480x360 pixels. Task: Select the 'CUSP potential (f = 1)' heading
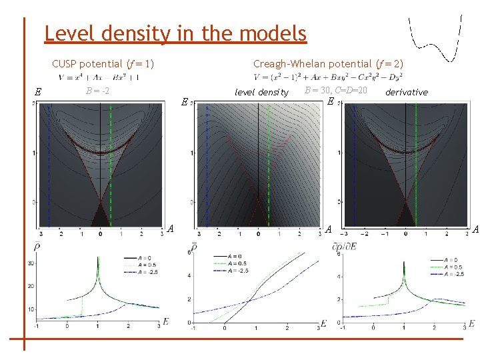103,64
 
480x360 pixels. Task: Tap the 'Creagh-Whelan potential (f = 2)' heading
328,64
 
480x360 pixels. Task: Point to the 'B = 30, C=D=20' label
335,90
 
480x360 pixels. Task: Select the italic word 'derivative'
407,92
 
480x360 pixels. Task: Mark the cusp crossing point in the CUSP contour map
100,202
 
